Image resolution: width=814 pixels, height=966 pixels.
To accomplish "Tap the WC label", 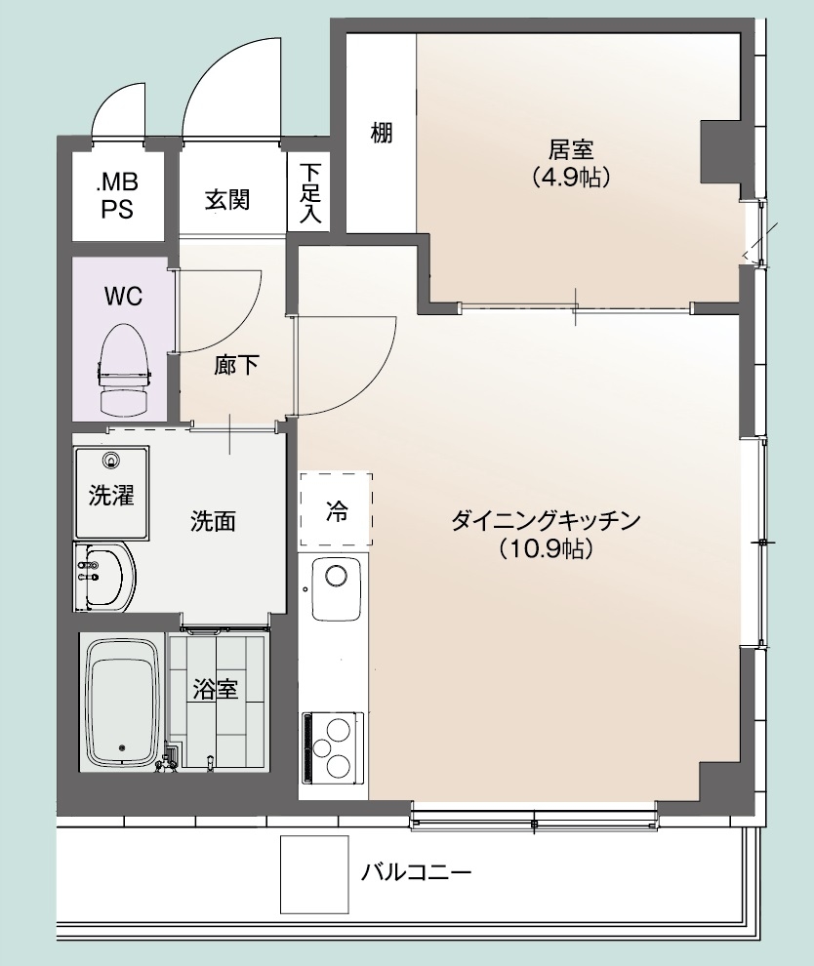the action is (123, 297).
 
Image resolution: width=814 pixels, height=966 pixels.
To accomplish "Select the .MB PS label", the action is (117, 196).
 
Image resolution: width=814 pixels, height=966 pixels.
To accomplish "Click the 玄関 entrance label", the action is (227, 200).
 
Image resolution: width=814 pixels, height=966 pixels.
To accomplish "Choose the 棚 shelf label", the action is (382, 133).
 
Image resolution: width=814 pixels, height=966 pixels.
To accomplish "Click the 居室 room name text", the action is (571, 149).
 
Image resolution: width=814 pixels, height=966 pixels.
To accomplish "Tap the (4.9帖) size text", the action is (571, 178).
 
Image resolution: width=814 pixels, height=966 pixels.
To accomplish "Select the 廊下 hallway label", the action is (236, 365).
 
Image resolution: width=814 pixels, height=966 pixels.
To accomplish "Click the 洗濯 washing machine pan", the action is (111, 492).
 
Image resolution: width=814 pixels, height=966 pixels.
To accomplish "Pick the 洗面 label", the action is (213, 521).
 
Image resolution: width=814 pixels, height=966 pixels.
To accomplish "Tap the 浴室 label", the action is (215, 689).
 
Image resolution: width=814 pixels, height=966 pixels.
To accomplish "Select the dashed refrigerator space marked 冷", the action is (337, 509).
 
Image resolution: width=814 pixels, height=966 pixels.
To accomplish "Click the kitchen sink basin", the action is (337, 588).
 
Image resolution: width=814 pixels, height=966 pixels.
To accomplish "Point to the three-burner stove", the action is (332, 746).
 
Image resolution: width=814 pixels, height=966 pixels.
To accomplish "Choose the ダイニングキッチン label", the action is (546, 521).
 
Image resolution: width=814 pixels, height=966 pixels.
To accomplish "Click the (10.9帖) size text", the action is (546, 547).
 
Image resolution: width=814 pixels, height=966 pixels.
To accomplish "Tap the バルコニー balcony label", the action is (417, 872).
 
